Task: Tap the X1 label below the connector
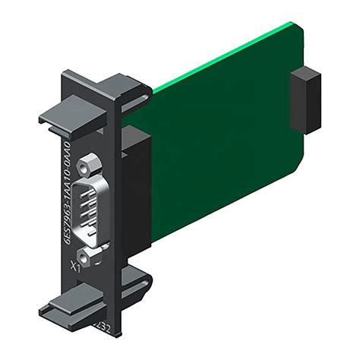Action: tap(77, 267)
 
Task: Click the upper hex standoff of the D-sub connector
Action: tap(91, 163)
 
